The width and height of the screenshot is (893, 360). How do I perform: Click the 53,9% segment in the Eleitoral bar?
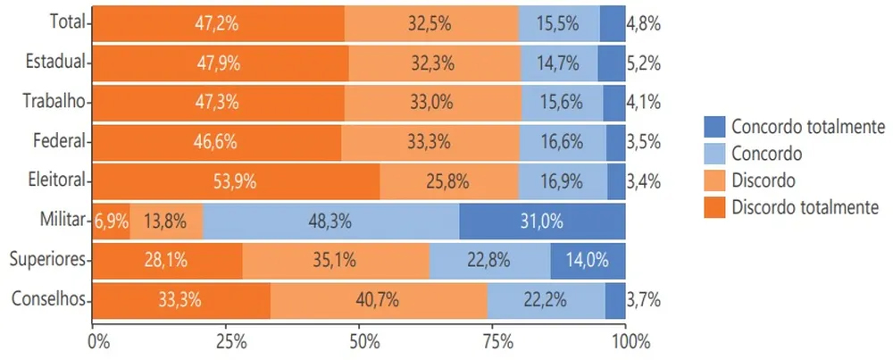click(236, 181)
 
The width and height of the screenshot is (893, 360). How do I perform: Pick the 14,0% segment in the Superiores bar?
click(588, 260)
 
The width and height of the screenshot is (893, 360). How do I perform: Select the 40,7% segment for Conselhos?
click(379, 300)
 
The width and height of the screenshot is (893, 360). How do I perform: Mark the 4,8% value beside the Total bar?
click(643, 24)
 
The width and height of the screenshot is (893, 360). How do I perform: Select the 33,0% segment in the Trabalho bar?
click(432, 102)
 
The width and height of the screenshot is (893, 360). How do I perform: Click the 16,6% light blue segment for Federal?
click(563, 141)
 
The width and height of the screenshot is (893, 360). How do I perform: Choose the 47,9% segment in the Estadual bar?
click(220, 63)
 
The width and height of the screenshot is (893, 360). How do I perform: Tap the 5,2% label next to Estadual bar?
click(643, 63)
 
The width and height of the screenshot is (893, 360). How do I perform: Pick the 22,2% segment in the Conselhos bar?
click(546, 300)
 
